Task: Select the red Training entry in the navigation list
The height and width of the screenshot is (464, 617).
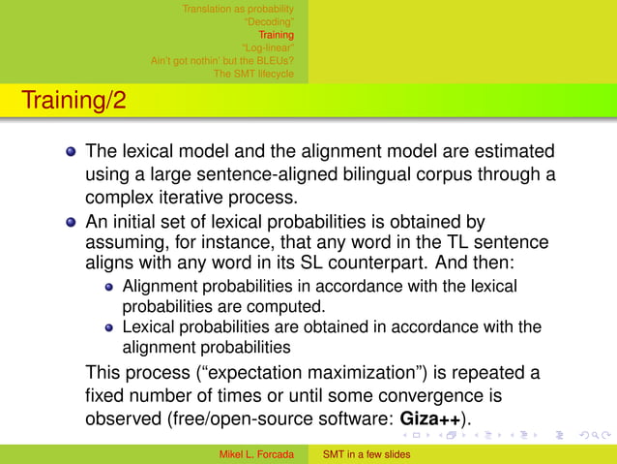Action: (276, 36)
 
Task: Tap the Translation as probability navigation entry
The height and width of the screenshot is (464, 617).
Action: (238, 10)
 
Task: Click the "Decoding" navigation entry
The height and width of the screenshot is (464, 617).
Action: (270, 22)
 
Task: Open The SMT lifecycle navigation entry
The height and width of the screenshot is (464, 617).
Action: (253, 74)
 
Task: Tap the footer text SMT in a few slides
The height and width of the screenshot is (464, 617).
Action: (367, 454)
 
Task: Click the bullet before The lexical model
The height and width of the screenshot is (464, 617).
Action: (71, 152)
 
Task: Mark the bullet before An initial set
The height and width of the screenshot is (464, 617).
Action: (71, 221)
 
